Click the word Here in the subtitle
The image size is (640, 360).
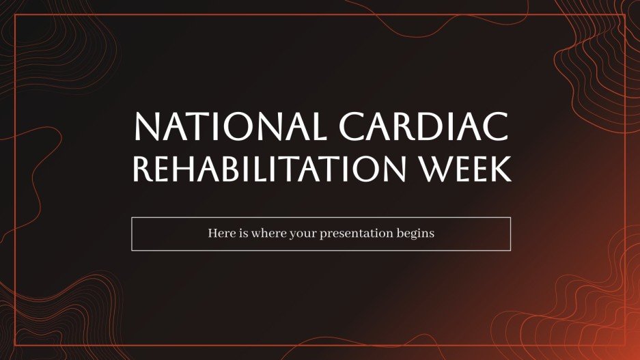[x=220, y=234]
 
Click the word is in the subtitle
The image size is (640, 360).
[x=243, y=234]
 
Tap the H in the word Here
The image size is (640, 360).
[x=212, y=234]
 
